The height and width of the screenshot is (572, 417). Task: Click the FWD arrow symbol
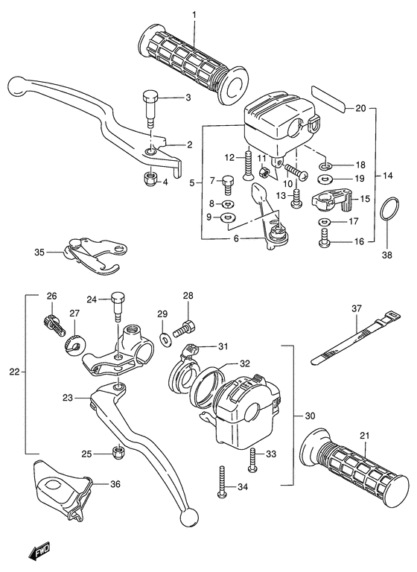click(x=38, y=552)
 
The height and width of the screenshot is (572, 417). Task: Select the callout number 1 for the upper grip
click(x=194, y=15)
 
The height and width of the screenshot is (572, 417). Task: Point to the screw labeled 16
click(x=325, y=241)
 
